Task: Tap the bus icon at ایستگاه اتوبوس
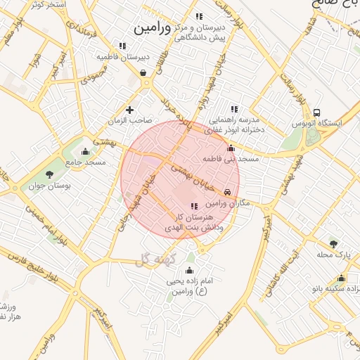[317, 112]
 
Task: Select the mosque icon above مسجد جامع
[86, 151]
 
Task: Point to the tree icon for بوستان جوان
[49, 174]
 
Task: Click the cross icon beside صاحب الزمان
[129, 110]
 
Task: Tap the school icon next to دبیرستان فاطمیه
[122, 46]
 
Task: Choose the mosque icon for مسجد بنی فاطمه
[231, 148]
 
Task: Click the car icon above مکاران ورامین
[227, 192]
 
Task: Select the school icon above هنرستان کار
[194, 205]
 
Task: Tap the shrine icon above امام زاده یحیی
[188, 271]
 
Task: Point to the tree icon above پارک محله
[333, 243]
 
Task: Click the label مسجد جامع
[86, 162]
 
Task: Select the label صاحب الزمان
[129, 121]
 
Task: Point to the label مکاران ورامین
[226, 202]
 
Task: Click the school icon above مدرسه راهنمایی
[234, 109]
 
